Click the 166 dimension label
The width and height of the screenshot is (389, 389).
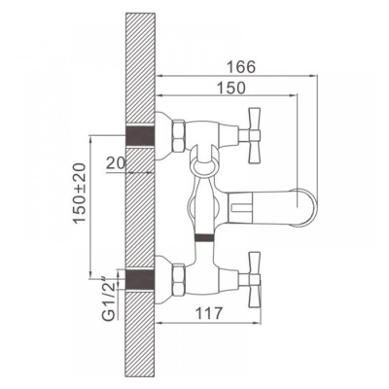point(241,67)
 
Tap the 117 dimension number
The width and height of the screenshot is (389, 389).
point(209,313)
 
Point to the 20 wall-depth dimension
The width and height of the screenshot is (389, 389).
point(116,163)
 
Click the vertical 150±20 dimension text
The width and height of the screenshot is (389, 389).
point(80,194)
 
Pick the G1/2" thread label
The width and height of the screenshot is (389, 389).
point(109,298)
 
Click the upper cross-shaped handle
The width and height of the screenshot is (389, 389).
point(253,135)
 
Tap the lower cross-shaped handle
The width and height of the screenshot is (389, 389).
point(253,279)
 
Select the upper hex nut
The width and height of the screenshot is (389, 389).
point(179,136)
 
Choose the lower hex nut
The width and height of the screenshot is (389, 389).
point(179,280)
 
